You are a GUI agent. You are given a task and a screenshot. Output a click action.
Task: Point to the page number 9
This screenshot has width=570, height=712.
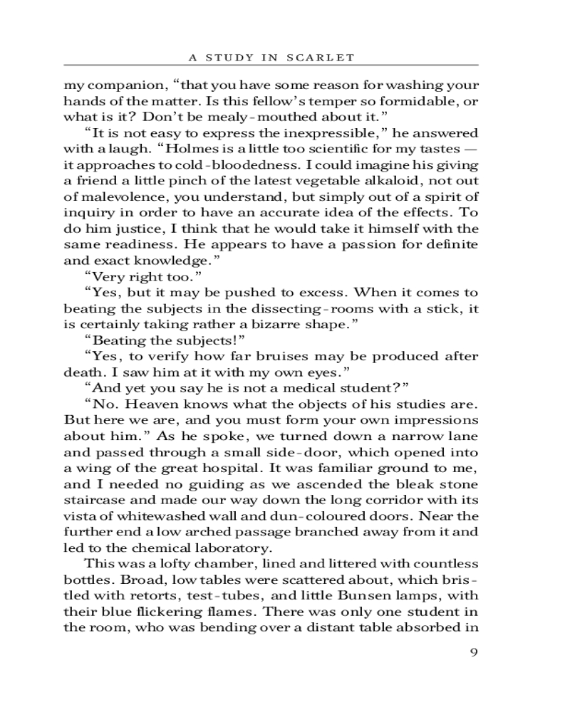click(473, 654)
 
